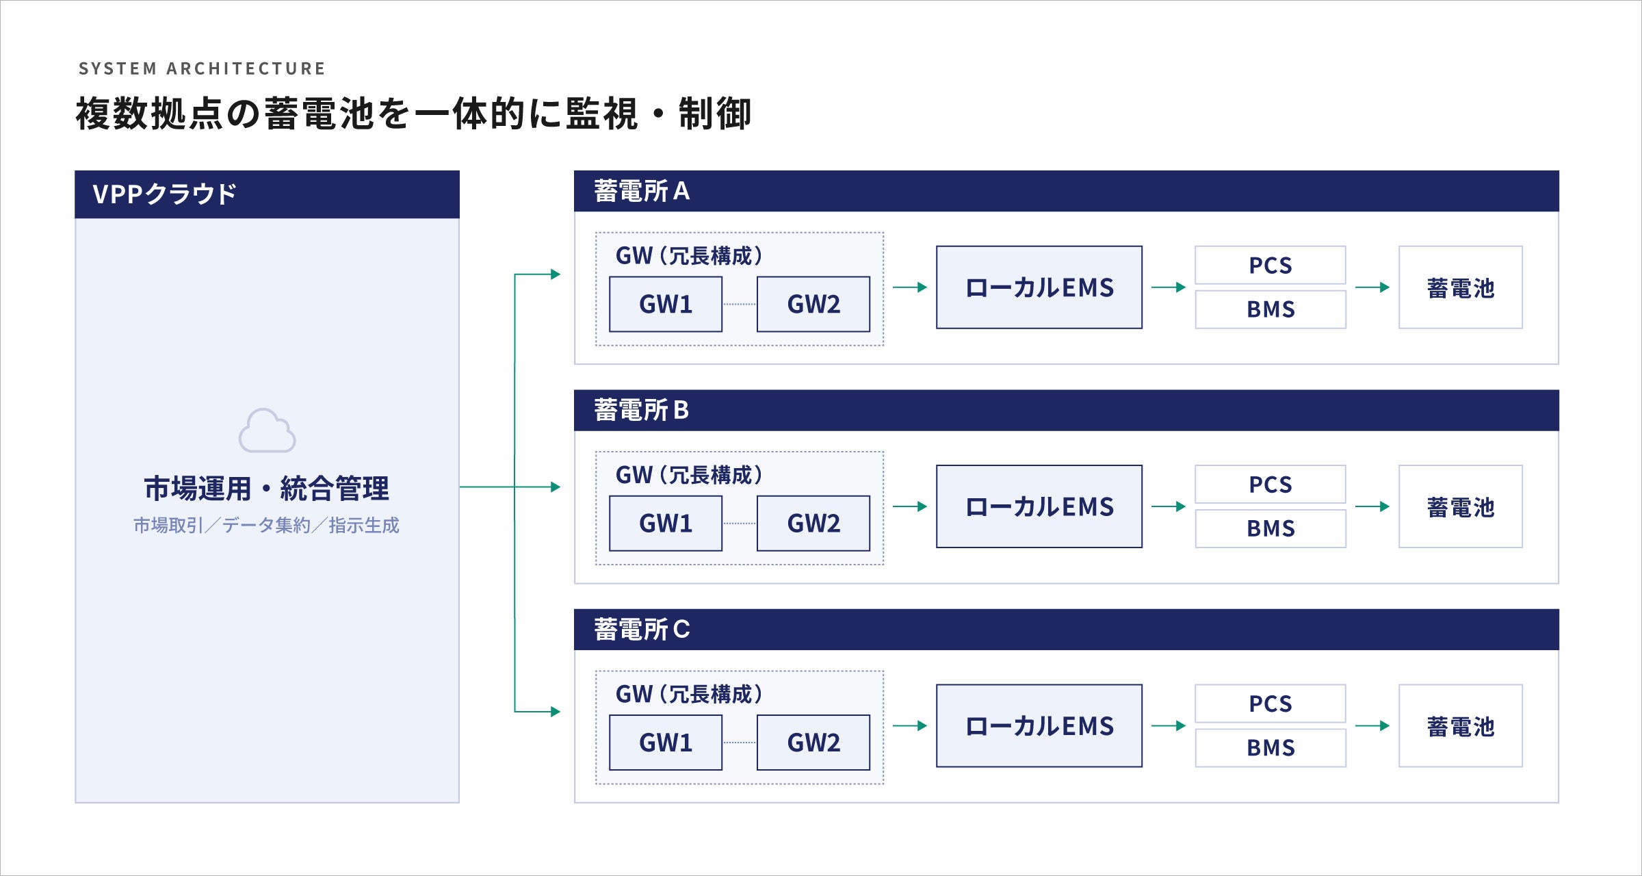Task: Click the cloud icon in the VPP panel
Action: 267,430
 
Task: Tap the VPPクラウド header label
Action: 164,194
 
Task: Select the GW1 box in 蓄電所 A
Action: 666,305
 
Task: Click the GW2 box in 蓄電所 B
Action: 813,524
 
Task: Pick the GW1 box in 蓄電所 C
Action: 666,743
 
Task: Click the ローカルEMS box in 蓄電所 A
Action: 1039,287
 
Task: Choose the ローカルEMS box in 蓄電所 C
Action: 1039,725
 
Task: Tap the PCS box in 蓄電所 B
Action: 1270,485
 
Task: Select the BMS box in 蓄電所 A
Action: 1270,309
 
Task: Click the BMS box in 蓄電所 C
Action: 1270,748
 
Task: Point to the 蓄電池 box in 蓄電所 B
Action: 1461,506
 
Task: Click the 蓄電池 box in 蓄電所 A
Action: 1461,287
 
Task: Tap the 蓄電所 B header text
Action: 641,411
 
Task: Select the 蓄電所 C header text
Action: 642,630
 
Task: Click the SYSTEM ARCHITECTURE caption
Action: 202,68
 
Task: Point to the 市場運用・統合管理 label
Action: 266,489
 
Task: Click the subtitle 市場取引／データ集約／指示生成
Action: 266,525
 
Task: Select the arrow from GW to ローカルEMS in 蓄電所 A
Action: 910,287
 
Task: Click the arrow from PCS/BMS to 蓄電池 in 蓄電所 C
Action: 1372,725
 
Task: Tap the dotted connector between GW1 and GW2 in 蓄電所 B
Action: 740,524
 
